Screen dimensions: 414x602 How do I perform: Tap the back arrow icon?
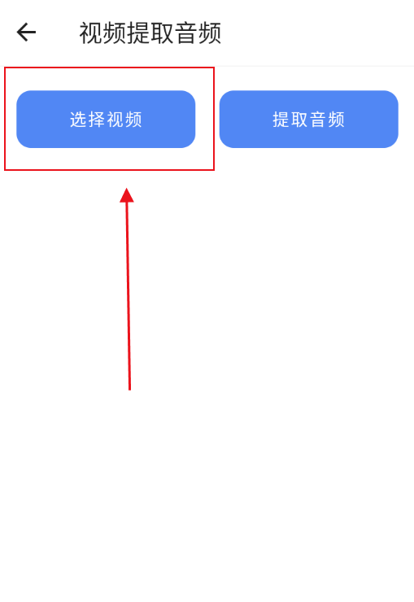pyautogui.click(x=26, y=32)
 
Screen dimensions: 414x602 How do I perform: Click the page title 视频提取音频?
pyautogui.click(x=150, y=33)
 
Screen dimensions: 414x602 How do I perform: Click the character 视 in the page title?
pyautogui.click(x=91, y=33)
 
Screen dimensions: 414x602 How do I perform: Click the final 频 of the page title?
pyautogui.click(x=210, y=33)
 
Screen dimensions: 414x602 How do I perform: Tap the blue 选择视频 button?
pyautogui.click(x=106, y=119)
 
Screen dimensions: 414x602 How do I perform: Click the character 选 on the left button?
pyautogui.click(x=78, y=120)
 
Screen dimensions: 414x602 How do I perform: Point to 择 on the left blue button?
pyautogui.click(x=97, y=120)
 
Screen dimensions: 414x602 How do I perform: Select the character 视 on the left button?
pyautogui.click(x=115, y=120)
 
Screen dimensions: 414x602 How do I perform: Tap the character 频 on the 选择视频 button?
pyautogui.click(x=133, y=120)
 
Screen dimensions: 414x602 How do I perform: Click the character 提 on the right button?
pyautogui.click(x=281, y=120)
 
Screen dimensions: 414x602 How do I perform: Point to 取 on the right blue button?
pyautogui.click(x=299, y=120)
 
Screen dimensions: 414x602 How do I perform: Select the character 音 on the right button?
pyautogui.click(x=318, y=120)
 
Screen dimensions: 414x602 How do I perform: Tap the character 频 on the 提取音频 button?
pyautogui.click(x=337, y=120)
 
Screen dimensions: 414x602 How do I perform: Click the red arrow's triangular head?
pyautogui.click(x=127, y=195)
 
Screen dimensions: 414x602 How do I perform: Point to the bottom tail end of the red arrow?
pyautogui.click(x=129, y=390)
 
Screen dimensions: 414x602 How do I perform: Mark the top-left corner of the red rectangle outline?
pyautogui.click(x=5, y=68)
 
